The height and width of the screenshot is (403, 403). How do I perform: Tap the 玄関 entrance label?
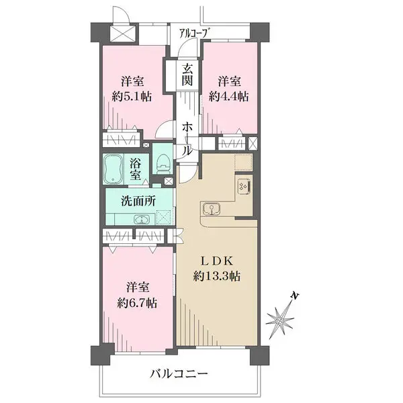click(x=187, y=74)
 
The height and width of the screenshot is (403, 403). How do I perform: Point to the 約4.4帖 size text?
click(x=228, y=96)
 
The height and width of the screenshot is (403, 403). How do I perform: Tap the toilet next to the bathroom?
click(x=162, y=163)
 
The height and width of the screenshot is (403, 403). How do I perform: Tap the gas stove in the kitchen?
click(x=242, y=186)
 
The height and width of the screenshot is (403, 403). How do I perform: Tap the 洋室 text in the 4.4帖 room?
click(x=228, y=81)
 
